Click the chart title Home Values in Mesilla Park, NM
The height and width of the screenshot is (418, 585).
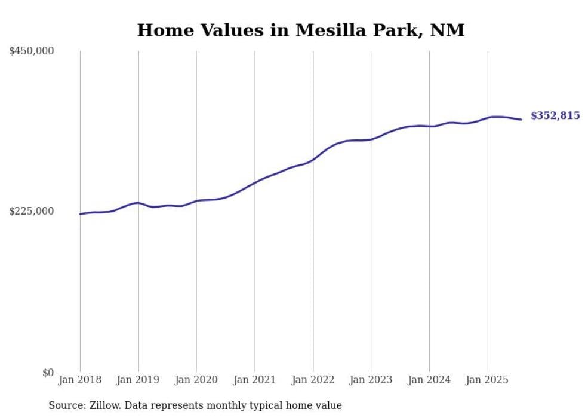click(x=300, y=30)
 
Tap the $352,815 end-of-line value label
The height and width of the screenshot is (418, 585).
click(x=555, y=116)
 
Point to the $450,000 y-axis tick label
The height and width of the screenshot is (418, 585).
click(x=32, y=51)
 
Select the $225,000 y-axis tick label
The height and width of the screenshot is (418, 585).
click(x=32, y=211)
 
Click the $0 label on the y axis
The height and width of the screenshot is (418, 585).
click(x=48, y=373)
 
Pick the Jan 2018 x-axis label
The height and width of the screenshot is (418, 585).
click(x=80, y=380)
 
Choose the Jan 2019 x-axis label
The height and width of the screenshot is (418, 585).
click(x=138, y=380)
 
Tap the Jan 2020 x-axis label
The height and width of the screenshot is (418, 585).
click(x=196, y=380)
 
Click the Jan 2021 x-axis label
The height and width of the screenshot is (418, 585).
click(x=255, y=380)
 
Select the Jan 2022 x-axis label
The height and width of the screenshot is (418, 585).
click(x=313, y=380)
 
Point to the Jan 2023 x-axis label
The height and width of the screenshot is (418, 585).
click(x=371, y=380)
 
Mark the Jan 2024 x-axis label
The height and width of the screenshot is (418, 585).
click(x=429, y=380)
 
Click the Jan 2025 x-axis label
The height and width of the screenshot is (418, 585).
click(x=487, y=380)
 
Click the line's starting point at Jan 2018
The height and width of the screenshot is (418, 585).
click(x=80, y=214)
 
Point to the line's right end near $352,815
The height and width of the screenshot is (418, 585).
click(x=522, y=120)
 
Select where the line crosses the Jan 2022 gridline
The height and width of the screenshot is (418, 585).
click(x=313, y=160)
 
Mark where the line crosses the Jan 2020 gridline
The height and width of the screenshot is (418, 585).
click(x=196, y=201)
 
